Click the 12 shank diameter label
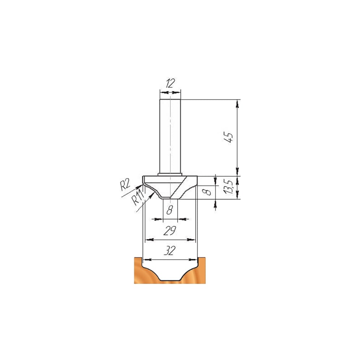(170, 83)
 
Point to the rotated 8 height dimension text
(208, 192)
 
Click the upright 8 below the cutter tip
(170, 210)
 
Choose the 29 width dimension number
(170, 230)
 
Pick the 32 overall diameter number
(170, 251)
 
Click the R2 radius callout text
(125, 185)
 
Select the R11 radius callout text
(138, 198)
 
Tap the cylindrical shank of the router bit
(170, 136)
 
